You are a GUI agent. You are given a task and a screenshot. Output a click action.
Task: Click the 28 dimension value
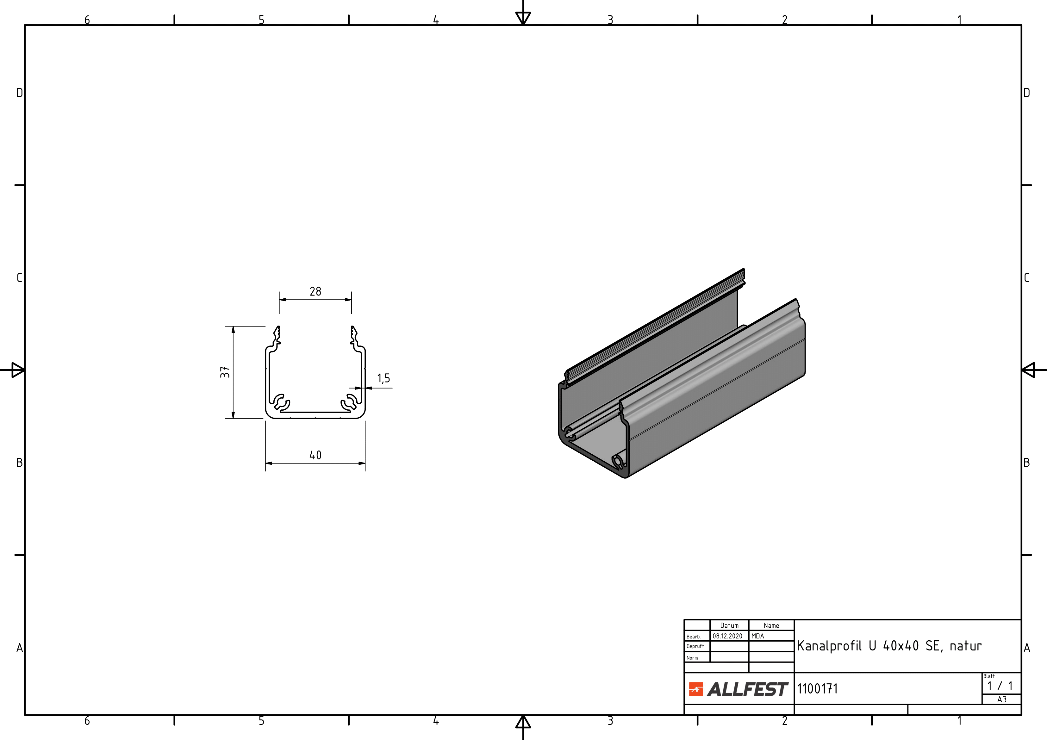[x=315, y=291]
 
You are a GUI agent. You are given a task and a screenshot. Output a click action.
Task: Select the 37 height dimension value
[x=225, y=372]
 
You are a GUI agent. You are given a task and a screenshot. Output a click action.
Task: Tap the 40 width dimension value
[x=315, y=455]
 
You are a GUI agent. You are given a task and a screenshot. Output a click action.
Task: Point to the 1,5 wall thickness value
[x=383, y=378]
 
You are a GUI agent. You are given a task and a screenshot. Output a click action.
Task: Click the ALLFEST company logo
[x=738, y=689]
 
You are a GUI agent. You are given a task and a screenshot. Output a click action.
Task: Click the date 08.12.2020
[x=727, y=636]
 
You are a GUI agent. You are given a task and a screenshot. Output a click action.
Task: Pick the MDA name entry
[x=757, y=636]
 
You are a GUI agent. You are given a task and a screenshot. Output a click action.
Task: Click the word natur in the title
[x=965, y=646]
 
